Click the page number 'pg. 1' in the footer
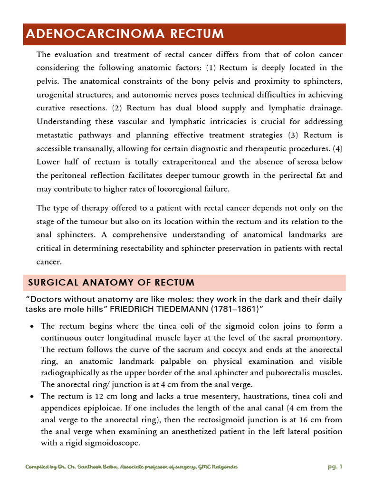click(x=335, y=467)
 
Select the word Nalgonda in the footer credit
click(x=221, y=467)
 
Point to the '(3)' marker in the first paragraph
click(x=294, y=135)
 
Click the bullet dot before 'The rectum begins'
click(x=31, y=327)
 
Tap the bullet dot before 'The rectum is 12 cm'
click(x=31, y=397)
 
